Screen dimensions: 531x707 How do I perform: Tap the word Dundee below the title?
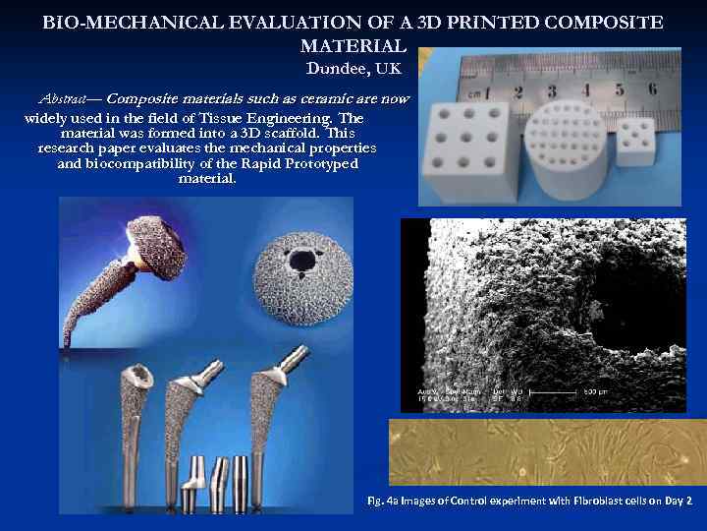click(332, 68)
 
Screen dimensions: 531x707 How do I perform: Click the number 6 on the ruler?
click(652, 88)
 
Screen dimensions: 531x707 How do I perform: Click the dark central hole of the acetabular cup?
click(302, 262)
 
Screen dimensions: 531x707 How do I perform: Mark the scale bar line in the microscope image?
click(573, 391)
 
